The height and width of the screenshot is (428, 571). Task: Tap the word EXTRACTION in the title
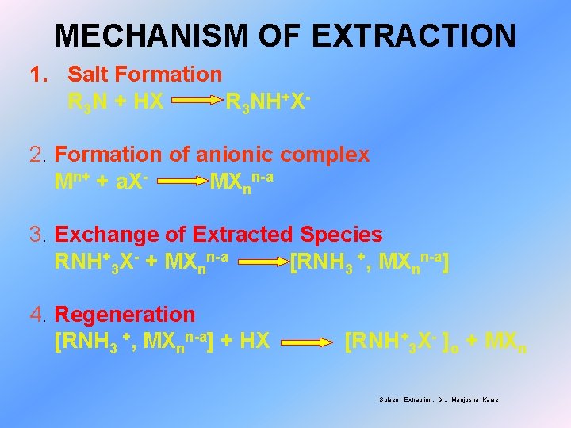(x=414, y=35)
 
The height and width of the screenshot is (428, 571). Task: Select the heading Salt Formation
(x=144, y=75)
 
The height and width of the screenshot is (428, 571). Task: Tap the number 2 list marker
(x=35, y=154)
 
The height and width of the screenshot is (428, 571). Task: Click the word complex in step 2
(x=333, y=154)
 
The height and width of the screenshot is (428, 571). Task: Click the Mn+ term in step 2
(x=71, y=182)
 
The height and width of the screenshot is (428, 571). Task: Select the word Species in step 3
(x=341, y=235)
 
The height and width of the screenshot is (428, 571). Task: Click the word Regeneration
(x=125, y=315)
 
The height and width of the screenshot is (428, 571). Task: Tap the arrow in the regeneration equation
(x=305, y=343)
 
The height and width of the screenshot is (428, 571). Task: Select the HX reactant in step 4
(x=253, y=343)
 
